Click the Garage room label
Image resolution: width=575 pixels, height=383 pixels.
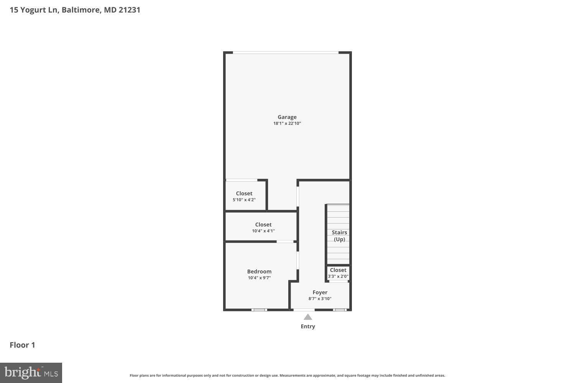click(x=287, y=117)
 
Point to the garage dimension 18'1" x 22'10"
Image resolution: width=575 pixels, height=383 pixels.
click(x=287, y=124)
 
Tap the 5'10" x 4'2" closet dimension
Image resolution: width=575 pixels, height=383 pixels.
click(x=244, y=200)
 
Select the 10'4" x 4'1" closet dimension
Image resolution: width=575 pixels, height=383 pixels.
click(x=263, y=231)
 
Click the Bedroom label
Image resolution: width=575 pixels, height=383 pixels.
click(x=259, y=272)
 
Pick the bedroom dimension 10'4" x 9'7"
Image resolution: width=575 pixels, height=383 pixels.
click(x=259, y=278)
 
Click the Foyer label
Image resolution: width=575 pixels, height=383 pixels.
click(x=320, y=293)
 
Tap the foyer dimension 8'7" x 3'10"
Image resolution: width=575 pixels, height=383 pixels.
click(x=320, y=299)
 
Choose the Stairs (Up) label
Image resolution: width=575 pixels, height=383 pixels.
click(x=339, y=236)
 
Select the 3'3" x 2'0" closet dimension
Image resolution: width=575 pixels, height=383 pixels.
click(x=338, y=277)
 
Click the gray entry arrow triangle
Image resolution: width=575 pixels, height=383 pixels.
click(x=308, y=317)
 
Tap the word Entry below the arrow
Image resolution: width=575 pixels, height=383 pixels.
click(x=308, y=326)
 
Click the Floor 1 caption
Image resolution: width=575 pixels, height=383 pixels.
click(x=22, y=345)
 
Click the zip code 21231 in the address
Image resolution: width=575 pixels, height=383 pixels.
click(x=130, y=10)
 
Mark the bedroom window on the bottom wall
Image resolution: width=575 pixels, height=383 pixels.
click(x=259, y=309)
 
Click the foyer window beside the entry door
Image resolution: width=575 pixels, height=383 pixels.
click(x=340, y=309)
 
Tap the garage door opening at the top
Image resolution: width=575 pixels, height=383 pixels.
click(x=286, y=52)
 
